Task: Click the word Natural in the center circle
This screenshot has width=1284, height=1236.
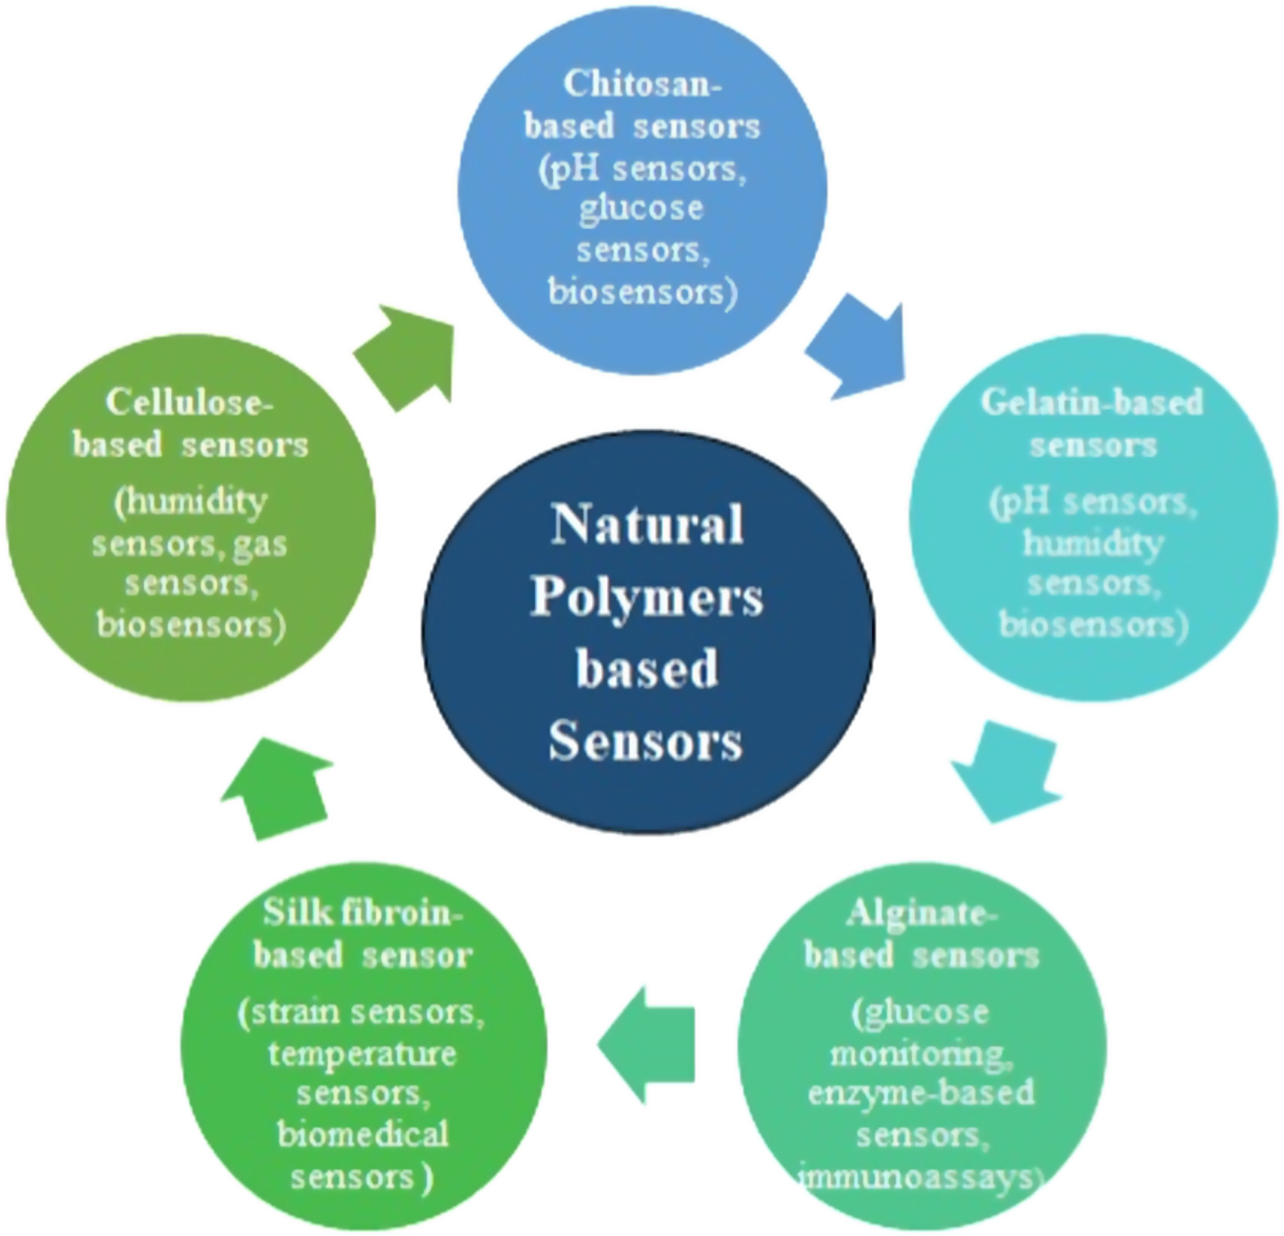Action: point(647,524)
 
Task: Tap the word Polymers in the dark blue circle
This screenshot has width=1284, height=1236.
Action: point(647,598)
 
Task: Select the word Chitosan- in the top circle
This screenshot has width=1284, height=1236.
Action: point(643,84)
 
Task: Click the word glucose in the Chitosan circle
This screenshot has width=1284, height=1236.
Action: point(641,208)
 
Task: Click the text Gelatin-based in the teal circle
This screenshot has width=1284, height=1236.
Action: point(1092,402)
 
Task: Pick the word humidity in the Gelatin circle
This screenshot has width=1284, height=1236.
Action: point(1092,542)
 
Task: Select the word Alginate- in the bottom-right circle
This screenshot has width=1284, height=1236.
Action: point(921,913)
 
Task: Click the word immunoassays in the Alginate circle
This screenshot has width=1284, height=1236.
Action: point(919,1177)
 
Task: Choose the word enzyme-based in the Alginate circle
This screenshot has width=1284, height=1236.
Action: point(921,1093)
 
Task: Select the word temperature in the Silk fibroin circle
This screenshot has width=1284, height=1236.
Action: point(362,1053)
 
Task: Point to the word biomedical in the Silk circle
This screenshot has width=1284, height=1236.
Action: point(362,1135)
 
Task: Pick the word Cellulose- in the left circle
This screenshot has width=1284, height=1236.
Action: point(189,402)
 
